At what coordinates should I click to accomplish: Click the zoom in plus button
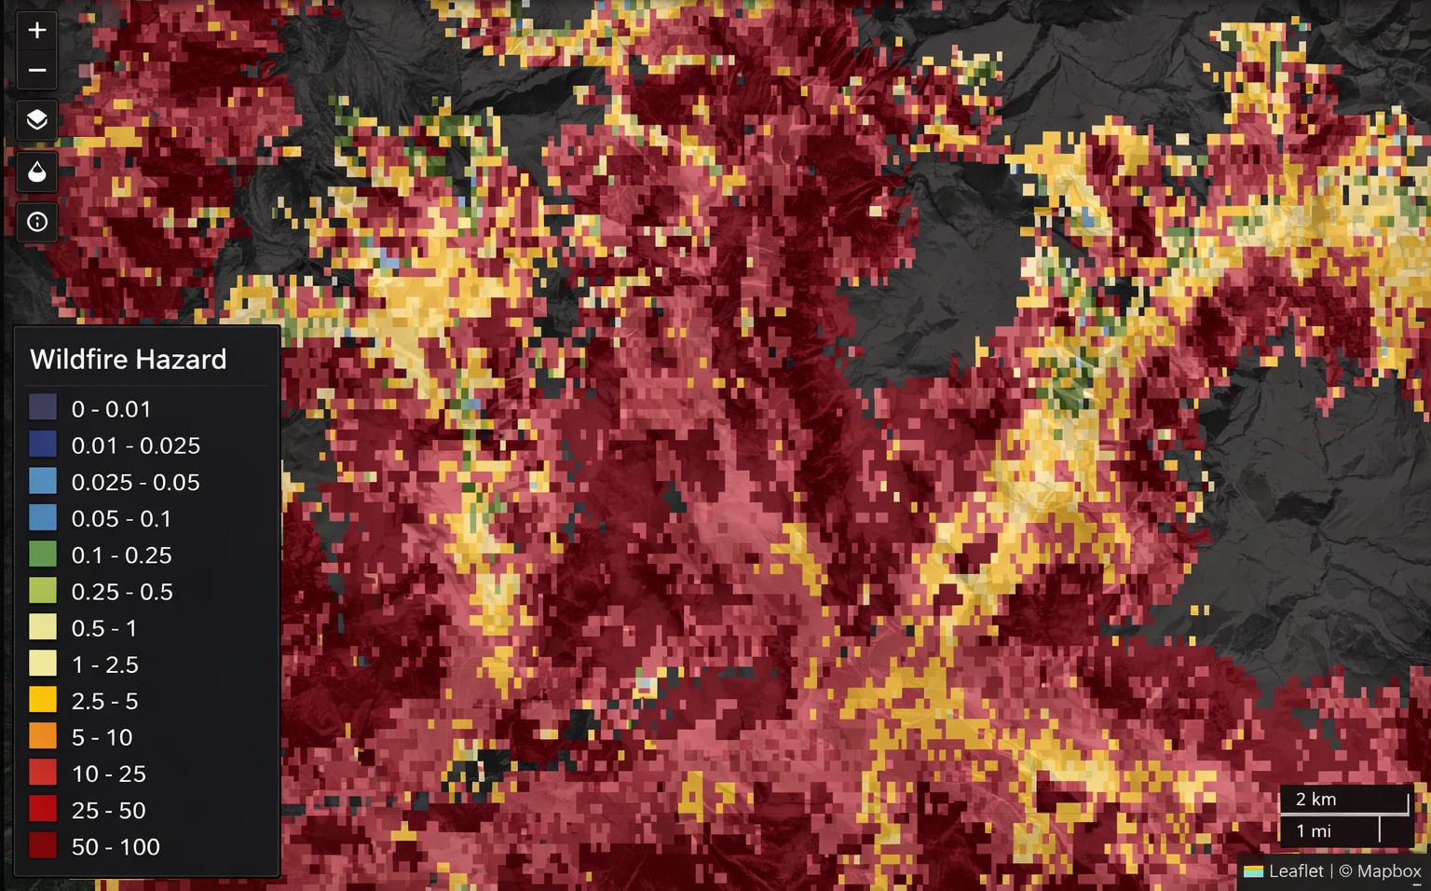[x=37, y=31]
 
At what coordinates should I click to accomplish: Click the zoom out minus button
[x=37, y=70]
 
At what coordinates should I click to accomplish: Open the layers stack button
[x=37, y=120]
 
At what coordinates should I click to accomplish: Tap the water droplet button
[x=37, y=171]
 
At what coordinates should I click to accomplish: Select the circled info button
[x=37, y=222]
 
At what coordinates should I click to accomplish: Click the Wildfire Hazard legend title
[x=129, y=360]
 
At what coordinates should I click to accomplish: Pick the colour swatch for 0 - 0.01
[x=43, y=408]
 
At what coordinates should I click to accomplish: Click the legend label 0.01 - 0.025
[x=136, y=445]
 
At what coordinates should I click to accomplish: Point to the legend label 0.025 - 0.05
[x=136, y=482]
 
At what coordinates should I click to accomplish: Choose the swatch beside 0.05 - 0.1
[x=43, y=517]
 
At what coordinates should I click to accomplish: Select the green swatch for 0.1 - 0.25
[x=43, y=555]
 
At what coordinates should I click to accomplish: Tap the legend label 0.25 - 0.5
[x=122, y=592]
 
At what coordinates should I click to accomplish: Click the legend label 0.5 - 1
[x=104, y=628]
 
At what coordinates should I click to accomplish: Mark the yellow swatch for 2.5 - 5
[x=43, y=700]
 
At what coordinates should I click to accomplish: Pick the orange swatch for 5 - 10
[x=43, y=736]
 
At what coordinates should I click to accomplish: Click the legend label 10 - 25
[x=109, y=774]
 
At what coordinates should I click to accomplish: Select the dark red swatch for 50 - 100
[x=43, y=845]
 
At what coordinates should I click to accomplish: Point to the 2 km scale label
[x=1315, y=800]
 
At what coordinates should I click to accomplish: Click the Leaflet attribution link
[x=1295, y=871]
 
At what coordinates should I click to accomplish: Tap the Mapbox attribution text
[x=1388, y=871]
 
